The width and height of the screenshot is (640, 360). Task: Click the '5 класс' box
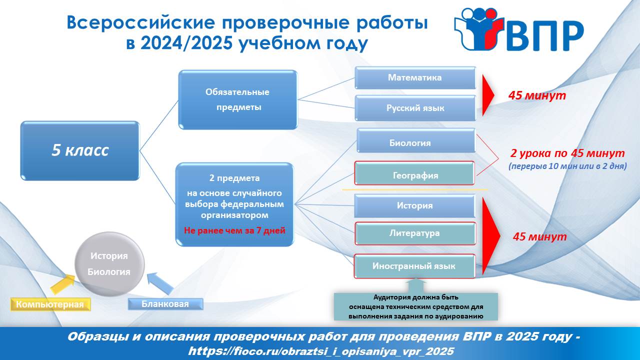click(80, 150)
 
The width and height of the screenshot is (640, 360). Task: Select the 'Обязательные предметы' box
click(237, 99)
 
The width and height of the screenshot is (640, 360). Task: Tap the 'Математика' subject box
click(415, 77)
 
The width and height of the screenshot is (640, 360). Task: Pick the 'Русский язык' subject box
click(415, 108)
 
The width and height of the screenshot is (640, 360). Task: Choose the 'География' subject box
click(414, 173)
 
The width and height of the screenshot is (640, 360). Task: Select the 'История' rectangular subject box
click(414, 205)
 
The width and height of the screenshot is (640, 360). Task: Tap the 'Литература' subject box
click(415, 233)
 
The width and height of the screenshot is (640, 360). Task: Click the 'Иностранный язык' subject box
click(414, 266)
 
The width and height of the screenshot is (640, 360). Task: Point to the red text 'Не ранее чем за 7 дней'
click(234, 230)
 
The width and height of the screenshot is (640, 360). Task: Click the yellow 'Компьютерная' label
click(50, 304)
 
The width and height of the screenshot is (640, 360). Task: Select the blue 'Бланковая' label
click(165, 304)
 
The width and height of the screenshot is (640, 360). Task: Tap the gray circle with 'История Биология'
click(109, 264)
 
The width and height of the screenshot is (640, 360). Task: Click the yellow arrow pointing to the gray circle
click(63, 283)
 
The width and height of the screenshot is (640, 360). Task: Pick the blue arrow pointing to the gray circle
click(160, 283)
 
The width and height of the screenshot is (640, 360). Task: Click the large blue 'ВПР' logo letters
click(545, 36)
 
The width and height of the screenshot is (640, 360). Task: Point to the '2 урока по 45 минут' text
click(567, 153)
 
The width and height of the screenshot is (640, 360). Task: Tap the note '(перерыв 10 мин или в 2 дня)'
click(567, 166)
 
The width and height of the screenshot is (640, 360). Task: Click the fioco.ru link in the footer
click(321, 351)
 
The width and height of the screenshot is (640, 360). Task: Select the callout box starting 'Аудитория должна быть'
click(415, 306)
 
